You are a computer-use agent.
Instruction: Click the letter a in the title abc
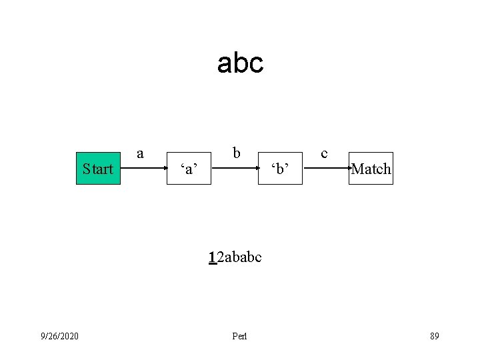coord(225,64)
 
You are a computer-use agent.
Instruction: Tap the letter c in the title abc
coord(257,64)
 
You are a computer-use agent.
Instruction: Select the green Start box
coord(98,169)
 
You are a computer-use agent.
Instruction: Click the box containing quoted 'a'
coord(189,169)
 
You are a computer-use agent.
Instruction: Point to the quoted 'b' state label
coord(280,169)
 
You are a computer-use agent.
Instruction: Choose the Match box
coord(371,169)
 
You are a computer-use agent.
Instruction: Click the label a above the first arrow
coord(140,153)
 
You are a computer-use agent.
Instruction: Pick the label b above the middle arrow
coord(236,153)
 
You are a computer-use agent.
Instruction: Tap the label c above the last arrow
coord(324,153)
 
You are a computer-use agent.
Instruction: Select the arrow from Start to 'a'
coord(143,168)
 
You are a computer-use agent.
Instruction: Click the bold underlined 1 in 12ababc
coord(212,257)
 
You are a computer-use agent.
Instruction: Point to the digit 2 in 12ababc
coord(220,257)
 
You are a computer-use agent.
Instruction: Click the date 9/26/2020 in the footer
coord(59,336)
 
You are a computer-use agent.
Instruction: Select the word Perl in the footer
coord(239,336)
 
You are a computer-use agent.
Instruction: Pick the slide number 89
coord(434,336)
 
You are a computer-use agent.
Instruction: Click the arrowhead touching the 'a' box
coord(164,168)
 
